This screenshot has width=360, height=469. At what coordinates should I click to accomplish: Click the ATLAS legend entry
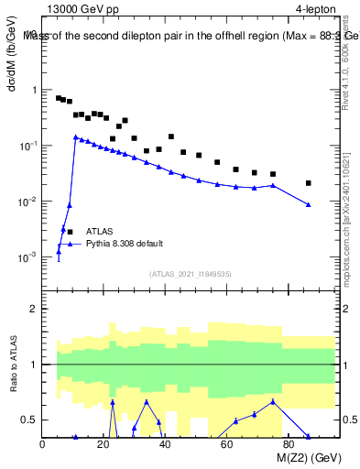pyautogui.click(x=101, y=232)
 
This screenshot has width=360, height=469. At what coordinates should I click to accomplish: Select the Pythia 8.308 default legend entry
pyautogui.click(x=124, y=244)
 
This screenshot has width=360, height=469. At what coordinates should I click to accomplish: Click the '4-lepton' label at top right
pyautogui.click(x=316, y=10)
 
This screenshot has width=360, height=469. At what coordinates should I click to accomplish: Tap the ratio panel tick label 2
pyautogui.click(x=32, y=309)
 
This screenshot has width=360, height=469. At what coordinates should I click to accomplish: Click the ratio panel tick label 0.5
pyautogui.click(x=28, y=420)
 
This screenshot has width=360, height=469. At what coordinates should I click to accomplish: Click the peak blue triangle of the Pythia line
pyautogui.click(x=75, y=136)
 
